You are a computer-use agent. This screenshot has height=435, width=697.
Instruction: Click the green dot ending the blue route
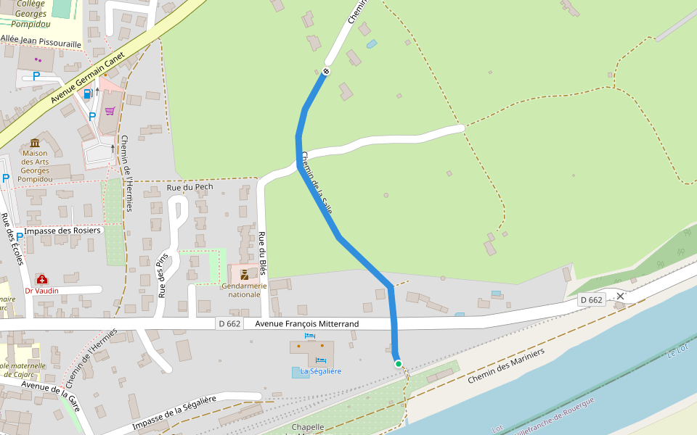398,363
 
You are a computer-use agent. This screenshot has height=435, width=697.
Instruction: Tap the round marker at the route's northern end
326,71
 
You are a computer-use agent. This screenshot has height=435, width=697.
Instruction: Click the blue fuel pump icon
88,93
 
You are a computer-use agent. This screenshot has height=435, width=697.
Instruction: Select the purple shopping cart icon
110,111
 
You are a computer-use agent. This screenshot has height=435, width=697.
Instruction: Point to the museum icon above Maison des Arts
35,143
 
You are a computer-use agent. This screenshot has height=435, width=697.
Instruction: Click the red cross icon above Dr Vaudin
41,279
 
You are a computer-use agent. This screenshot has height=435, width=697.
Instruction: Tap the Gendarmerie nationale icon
245,275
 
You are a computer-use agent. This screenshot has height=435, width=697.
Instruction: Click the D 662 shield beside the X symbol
592,299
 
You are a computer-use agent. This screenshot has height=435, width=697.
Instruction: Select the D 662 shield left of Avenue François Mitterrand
229,323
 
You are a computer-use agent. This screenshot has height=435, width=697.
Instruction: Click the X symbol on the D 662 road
620,296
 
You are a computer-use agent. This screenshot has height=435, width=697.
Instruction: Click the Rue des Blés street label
262,254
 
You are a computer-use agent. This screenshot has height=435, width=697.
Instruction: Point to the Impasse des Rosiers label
63,231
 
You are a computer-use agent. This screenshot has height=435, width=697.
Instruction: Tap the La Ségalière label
321,371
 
